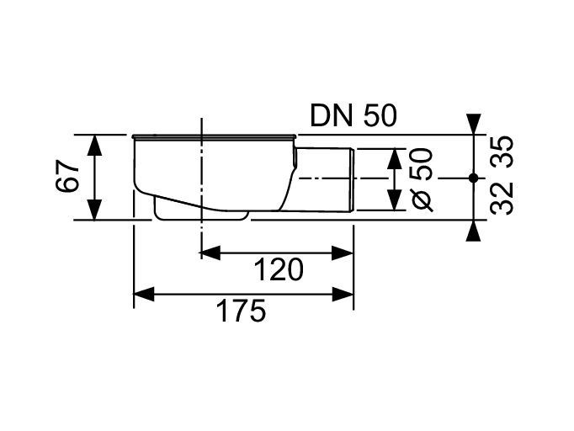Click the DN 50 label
click(x=353, y=116)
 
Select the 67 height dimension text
click(x=67, y=176)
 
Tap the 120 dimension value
click(x=279, y=269)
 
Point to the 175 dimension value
click(x=241, y=311)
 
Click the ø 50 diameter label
click(x=422, y=179)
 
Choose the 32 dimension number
click(x=502, y=200)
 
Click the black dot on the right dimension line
click(x=474, y=178)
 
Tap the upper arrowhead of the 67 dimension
click(x=94, y=146)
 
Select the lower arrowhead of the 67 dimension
click(x=94, y=210)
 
